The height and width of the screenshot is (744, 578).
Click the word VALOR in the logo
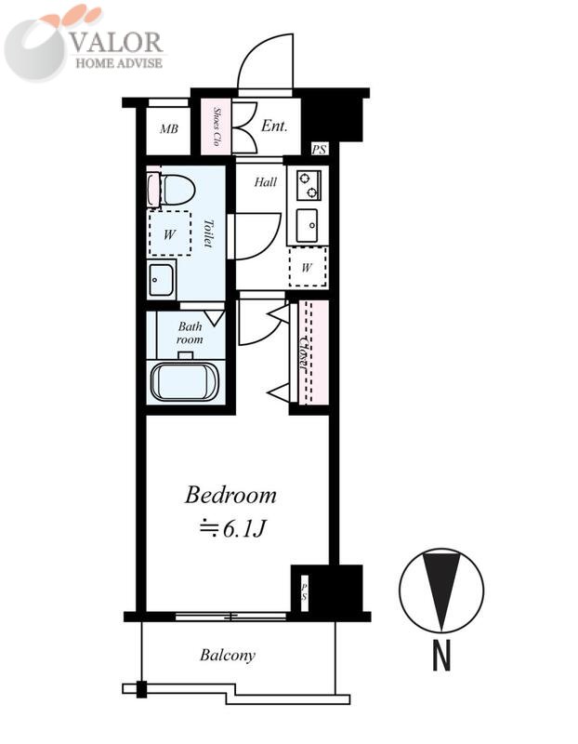(117, 42)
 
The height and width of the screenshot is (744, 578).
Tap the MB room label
(169, 128)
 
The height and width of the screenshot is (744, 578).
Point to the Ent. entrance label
(274, 126)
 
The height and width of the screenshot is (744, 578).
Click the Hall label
(266, 181)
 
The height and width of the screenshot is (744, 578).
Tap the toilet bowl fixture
(172, 190)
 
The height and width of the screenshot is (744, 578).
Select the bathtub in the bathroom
(184, 382)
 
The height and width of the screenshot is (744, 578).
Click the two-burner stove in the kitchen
(309, 185)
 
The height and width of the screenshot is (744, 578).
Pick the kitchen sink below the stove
(308, 225)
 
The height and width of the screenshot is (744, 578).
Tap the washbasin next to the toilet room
(161, 280)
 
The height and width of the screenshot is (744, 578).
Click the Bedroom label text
(230, 495)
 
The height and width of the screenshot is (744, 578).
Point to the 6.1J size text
(233, 529)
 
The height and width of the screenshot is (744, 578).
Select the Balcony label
(228, 656)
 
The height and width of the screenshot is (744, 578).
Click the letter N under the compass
(441, 655)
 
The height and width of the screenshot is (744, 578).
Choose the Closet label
(305, 352)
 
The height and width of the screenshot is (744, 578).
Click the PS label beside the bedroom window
(305, 588)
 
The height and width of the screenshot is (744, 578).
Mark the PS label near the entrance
(319, 150)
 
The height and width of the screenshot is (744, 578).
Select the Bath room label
(190, 333)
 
